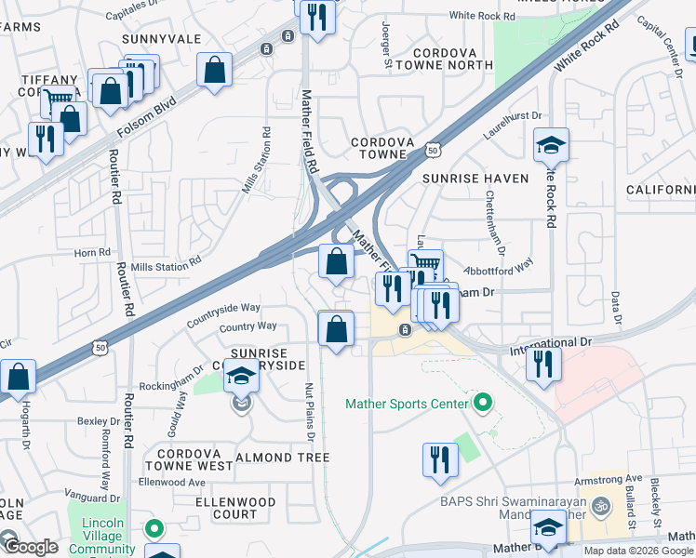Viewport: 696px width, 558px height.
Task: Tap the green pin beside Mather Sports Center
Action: point(482,404)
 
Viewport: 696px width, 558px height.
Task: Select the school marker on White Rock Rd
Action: point(551,147)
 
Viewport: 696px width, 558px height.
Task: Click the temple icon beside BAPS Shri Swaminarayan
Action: point(601,507)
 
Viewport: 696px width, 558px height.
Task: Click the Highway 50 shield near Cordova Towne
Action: point(433,149)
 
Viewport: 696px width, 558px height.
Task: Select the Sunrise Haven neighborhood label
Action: point(475,178)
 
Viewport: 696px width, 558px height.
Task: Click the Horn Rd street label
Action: point(92,252)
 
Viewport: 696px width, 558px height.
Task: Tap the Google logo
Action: point(31,547)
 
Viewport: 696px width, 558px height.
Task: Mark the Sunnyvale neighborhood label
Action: point(162,39)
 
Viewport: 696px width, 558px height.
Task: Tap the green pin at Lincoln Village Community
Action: point(154,529)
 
